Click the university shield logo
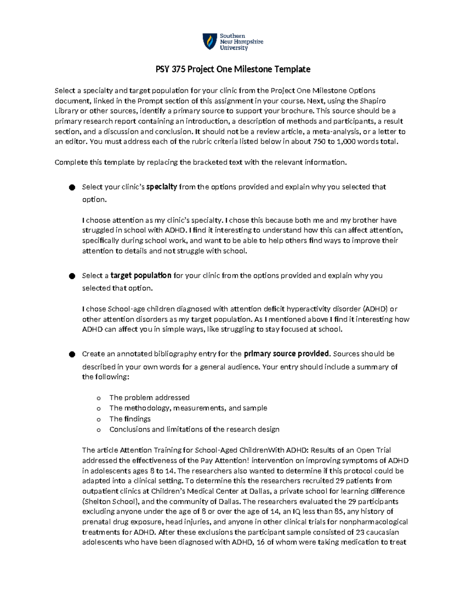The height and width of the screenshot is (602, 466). [x=210, y=41]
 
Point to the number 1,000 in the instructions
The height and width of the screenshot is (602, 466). [x=346, y=141]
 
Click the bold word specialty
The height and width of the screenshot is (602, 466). [x=162, y=187]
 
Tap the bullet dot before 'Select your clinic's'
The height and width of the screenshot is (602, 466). [x=72, y=188]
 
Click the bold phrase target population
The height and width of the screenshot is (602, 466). [x=141, y=276]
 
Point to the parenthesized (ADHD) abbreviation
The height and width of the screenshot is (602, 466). [x=375, y=309]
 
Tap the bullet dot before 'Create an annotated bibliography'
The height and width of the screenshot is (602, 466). [x=72, y=355]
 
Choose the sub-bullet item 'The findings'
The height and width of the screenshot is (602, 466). [x=130, y=419]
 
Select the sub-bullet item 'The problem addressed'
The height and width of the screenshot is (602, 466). [x=149, y=397]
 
